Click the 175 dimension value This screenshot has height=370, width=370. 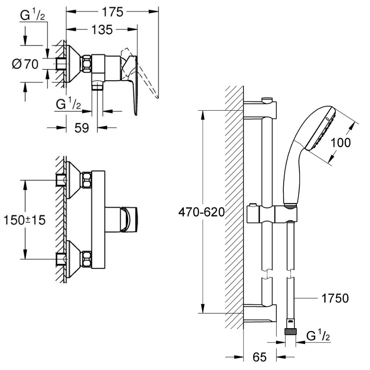pos(112,12)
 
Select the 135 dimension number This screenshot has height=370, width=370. pos(102,30)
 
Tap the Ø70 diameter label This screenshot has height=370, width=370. pos(25,64)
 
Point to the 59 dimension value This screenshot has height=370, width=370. pos(82,128)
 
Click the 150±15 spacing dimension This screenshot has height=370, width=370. pos(24,220)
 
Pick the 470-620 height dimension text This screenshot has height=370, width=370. pos(202,212)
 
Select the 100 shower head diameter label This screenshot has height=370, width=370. pos(340,142)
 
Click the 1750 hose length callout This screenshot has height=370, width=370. pos(335,298)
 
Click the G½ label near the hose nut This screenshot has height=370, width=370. pos(318,336)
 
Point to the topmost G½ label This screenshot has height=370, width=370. pos(32,15)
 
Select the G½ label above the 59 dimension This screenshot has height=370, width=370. pos(68,104)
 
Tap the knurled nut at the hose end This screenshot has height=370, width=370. pos(291,332)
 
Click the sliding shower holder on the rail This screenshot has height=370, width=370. pos(272,213)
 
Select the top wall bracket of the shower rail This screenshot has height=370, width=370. pos(260,110)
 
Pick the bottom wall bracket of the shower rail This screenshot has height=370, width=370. pos(260,313)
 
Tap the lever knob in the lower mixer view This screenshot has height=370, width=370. pos(129,219)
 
